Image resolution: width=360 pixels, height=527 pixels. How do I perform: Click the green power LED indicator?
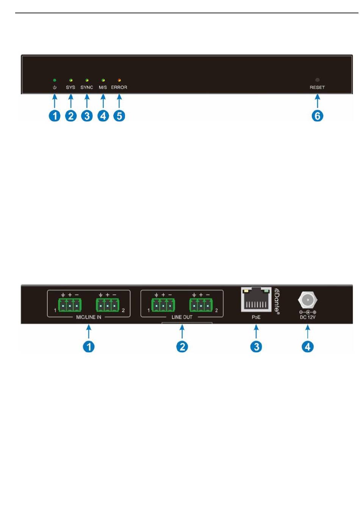tap(55, 80)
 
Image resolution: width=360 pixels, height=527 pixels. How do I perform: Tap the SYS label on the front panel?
tap(70, 87)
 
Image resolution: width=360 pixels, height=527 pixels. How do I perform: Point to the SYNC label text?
tap(87, 87)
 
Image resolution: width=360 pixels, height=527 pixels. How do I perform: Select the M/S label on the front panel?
tap(103, 87)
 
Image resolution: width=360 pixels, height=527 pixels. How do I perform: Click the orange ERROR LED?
tap(119, 80)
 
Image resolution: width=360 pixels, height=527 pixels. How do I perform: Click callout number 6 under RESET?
tap(318, 115)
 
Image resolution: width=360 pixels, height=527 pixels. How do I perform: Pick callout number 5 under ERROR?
tap(119, 115)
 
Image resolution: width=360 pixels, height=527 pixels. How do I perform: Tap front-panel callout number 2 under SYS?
tap(71, 115)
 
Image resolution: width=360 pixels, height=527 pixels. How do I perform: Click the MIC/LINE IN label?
tap(89, 317)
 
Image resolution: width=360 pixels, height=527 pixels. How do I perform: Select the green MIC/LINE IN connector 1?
tap(70, 305)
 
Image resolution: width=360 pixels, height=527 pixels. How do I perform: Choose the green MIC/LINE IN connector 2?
tap(108, 305)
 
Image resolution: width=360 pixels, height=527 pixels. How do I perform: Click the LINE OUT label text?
tap(182, 317)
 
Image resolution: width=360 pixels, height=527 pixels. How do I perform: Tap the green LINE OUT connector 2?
tap(201, 305)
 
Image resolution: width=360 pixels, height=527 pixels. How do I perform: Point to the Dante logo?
tap(277, 301)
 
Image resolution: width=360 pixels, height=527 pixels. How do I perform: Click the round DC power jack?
tap(308, 300)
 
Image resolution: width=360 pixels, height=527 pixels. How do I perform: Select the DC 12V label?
tap(308, 317)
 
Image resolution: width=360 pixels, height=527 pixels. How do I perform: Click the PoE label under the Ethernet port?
tap(256, 317)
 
